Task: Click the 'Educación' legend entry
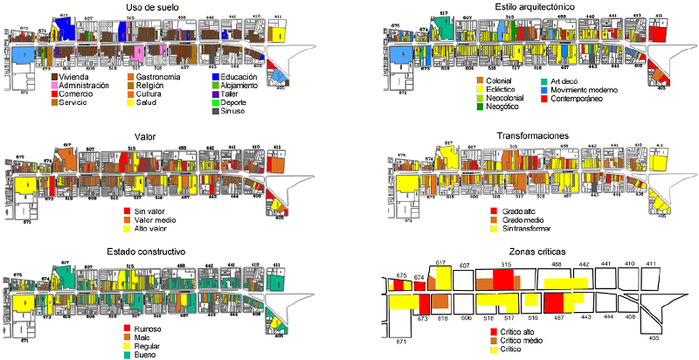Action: [x=234, y=78]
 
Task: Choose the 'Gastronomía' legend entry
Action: [x=156, y=78]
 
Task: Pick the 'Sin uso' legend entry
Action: [x=231, y=111]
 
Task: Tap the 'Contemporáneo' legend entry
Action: [x=580, y=99]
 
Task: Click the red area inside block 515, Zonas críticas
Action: [x=502, y=279]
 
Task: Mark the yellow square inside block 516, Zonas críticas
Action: [x=533, y=301]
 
